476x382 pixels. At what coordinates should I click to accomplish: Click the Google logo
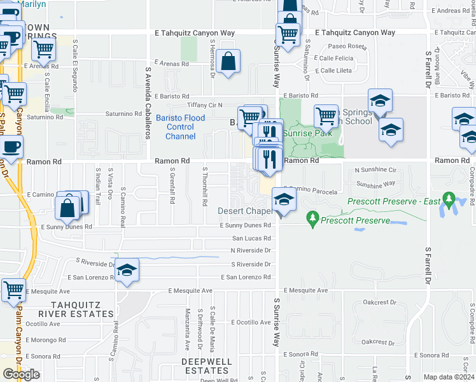[21, 374]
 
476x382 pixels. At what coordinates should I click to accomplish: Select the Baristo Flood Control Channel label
[181, 127]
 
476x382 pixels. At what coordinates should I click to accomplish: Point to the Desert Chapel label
[245, 211]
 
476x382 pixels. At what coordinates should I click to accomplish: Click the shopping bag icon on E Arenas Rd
[227, 62]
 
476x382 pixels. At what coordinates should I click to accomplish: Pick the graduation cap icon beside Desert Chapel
[284, 199]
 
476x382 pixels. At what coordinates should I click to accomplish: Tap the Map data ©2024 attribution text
[448, 377]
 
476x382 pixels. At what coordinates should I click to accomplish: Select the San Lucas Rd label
[251, 238]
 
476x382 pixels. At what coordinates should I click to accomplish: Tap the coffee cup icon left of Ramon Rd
[11, 148]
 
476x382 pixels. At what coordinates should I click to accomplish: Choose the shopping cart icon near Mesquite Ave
[13, 290]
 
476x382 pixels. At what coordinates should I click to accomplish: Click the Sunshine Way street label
[375, 184]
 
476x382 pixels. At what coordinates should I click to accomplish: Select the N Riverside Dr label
[251, 251]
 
